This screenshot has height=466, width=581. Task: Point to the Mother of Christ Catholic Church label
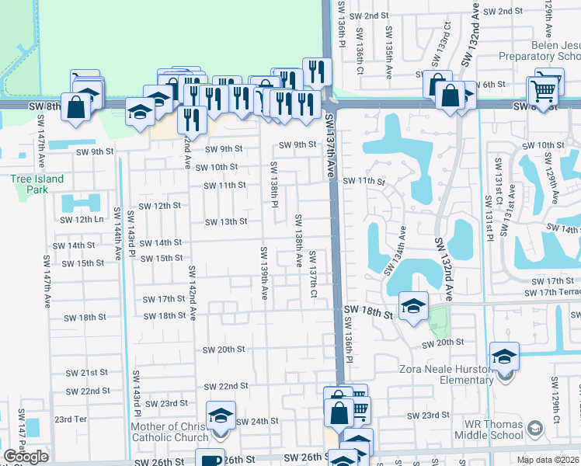170,433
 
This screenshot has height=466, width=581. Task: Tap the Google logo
26,457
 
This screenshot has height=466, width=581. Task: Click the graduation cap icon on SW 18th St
414,306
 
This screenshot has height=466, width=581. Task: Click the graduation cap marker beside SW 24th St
221,416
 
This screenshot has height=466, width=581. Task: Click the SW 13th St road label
225,222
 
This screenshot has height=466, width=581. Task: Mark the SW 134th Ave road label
395,250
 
